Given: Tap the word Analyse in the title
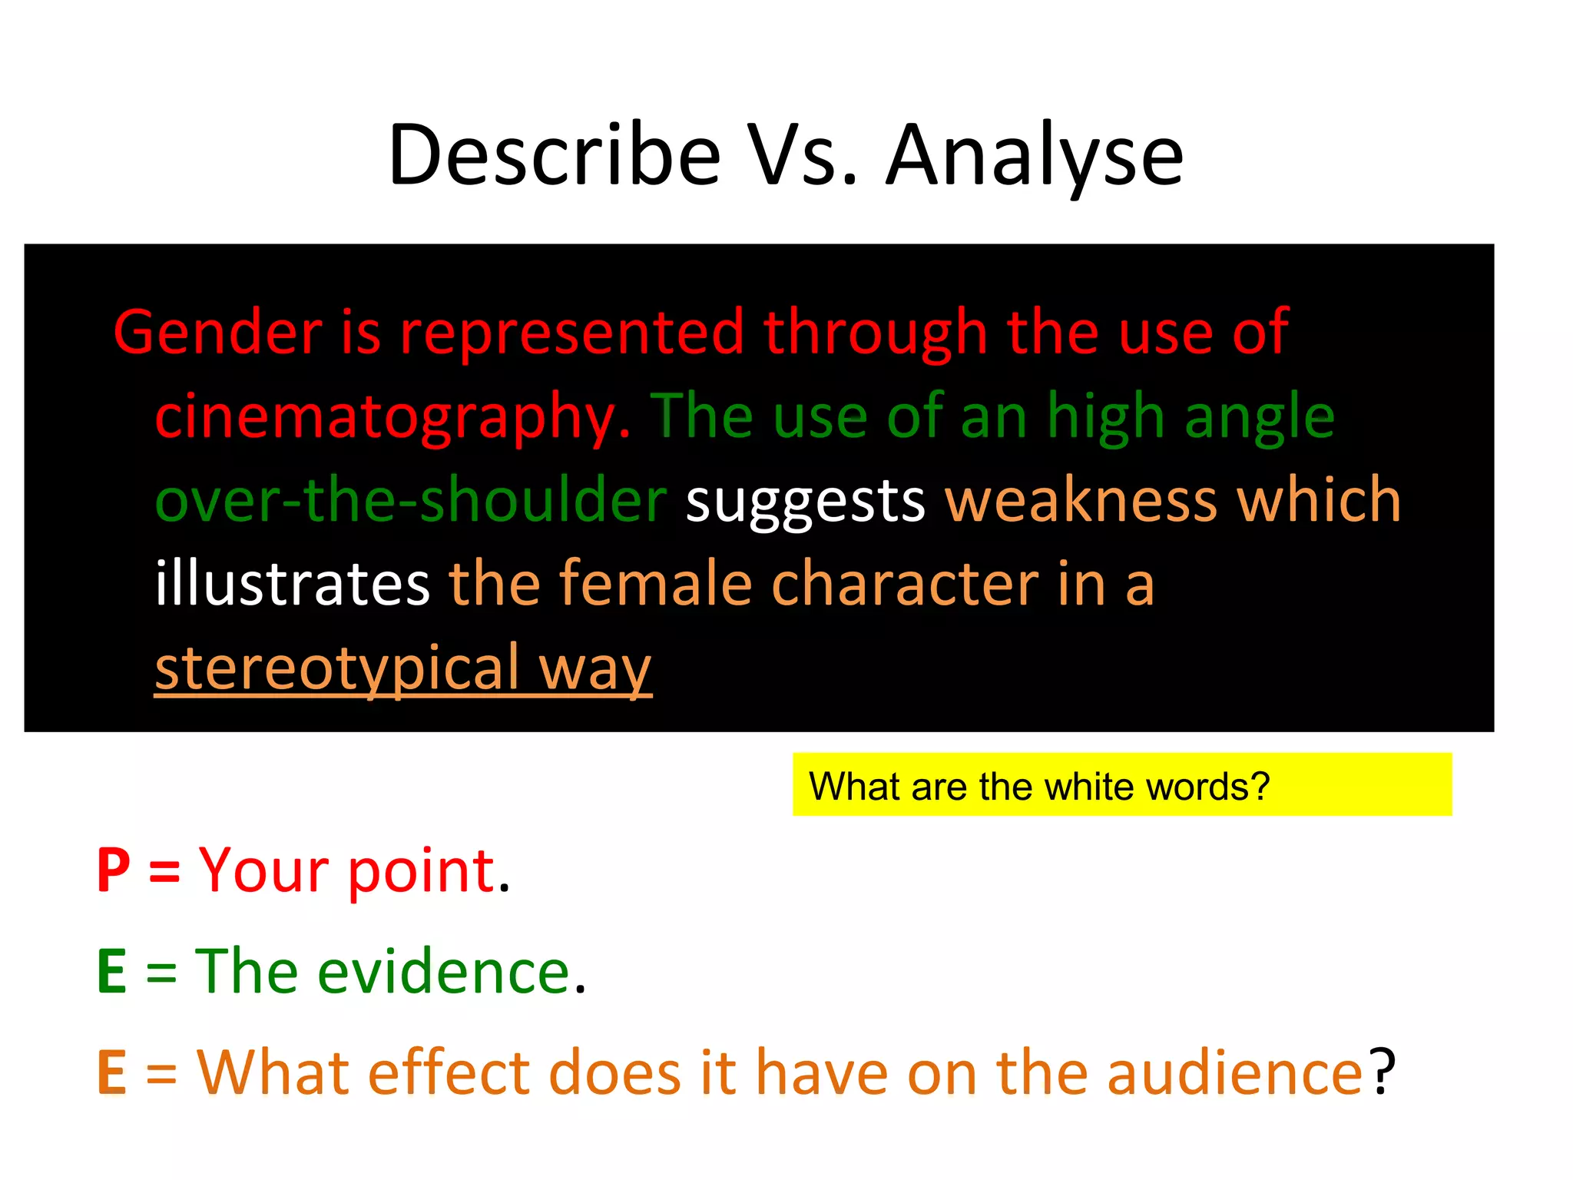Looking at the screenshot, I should [x=1035, y=157].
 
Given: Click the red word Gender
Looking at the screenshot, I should [x=218, y=332].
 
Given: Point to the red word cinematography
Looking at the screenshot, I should [x=392, y=417].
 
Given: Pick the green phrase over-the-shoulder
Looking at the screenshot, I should [x=411, y=500].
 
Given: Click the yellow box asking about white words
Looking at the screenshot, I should [x=1121, y=784].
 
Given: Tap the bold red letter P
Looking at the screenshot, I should [x=114, y=870].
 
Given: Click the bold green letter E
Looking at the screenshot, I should [x=112, y=971].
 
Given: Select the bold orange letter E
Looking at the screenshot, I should [x=112, y=1072].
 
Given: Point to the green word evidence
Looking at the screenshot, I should [x=444, y=971].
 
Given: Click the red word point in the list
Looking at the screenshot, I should [x=422, y=871].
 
